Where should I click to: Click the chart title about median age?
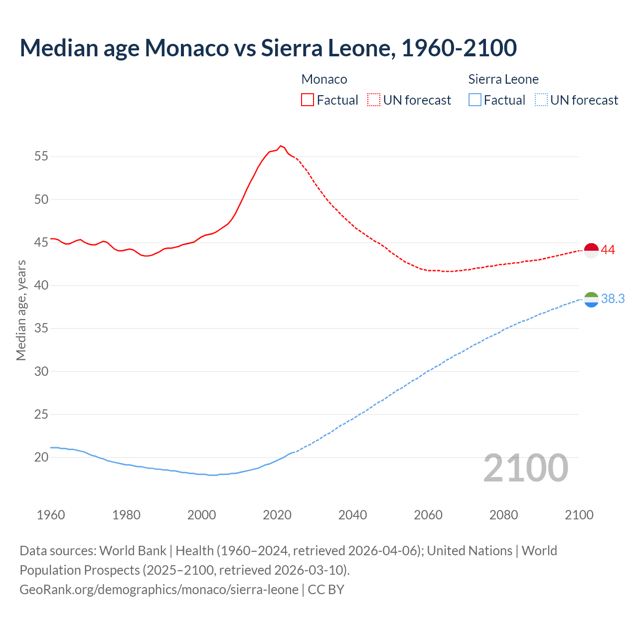268,48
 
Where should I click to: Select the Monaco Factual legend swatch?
308,100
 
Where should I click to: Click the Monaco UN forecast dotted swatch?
374,100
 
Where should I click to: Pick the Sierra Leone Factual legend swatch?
475,100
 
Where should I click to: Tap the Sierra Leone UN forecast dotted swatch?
541,100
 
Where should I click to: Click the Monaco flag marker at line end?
591,250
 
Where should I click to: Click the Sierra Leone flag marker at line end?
591,300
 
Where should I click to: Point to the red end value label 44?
608,250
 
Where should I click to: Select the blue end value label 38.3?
613,299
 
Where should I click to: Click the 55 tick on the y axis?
41,157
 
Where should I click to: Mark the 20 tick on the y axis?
41,457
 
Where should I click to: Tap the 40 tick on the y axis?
41,286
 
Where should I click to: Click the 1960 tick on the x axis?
51,515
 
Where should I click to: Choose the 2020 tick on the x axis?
277,515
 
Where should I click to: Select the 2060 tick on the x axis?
428,515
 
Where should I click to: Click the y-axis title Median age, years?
21,310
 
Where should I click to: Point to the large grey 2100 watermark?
526,468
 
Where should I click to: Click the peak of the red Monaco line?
281,146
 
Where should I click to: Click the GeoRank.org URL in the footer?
159,589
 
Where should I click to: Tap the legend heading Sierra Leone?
503,79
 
